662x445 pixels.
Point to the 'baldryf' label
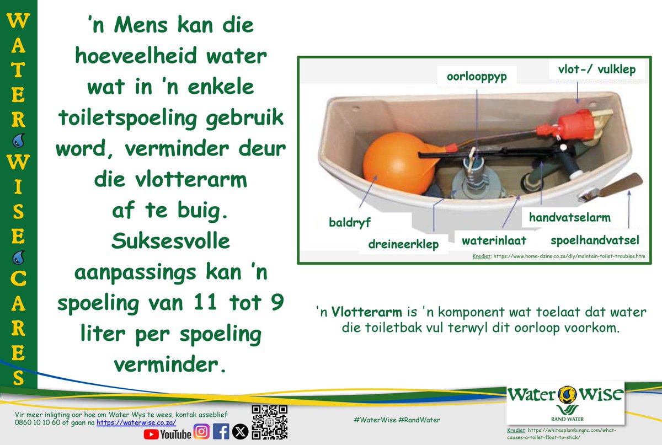pyautogui.click(x=349, y=223)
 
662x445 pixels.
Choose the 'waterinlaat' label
pyautogui.click(x=494, y=241)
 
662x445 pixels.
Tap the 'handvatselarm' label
pyautogui.click(x=569, y=217)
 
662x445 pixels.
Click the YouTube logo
pyautogui.click(x=167, y=434)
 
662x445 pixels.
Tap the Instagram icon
pyautogui.click(x=201, y=432)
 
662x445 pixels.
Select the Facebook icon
pyautogui.click(x=221, y=432)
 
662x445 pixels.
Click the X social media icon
pyautogui.click(x=240, y=432)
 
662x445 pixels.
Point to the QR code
pyautogui.click(x=270, y=422)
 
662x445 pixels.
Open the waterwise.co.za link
pyautogui.click(x=136, y=422)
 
